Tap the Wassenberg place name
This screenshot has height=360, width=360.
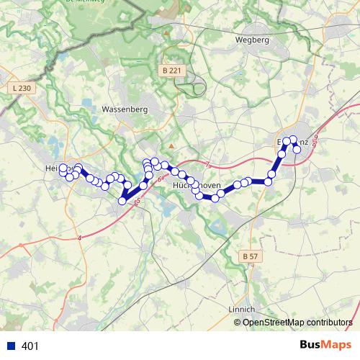click(125, 109)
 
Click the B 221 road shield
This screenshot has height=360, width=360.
click(171, 71)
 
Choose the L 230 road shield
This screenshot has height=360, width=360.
click(22, 88)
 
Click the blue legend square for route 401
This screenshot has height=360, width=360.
click(11, 346)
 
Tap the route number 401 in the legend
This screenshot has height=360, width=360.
click(31, 346)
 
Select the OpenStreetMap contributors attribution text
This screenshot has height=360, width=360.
click(297, 322)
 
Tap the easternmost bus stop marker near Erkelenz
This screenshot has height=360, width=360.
click(297, 149)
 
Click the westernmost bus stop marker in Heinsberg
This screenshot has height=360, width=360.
click(63, 168)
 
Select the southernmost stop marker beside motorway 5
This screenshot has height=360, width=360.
click(122, 201)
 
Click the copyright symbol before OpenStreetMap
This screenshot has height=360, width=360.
click(238, 322)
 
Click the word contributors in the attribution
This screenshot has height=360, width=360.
click(327, 322)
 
